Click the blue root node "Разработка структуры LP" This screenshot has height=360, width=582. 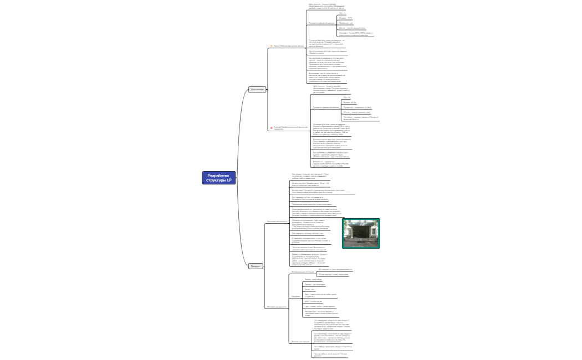(218, 177)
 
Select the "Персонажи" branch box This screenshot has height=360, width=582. (257, 89)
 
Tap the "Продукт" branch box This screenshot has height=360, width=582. (256, 266)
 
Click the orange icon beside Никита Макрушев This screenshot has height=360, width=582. (271, 46)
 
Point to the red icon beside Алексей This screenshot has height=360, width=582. (271, 128)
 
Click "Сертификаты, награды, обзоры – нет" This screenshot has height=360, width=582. (311, 234)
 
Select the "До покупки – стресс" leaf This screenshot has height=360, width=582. (344, 269)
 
